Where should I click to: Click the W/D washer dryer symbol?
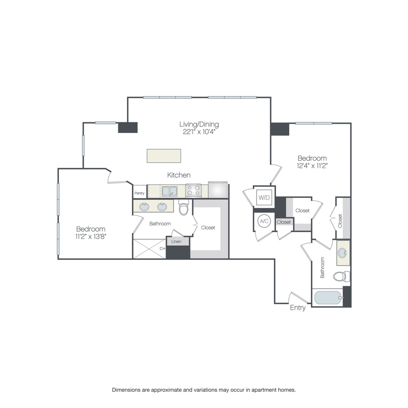263,198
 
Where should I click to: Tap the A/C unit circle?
263,221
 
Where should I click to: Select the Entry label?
298,308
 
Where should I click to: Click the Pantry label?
139,193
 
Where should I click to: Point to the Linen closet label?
176,242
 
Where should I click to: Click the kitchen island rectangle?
164,155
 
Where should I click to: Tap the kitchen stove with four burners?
193,190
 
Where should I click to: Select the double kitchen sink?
170,191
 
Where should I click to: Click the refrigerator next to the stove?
218,190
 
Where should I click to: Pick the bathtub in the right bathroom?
328,298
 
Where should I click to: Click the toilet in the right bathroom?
341,276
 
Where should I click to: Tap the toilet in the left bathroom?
184,209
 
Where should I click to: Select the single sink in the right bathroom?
343,253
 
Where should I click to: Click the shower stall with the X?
149,249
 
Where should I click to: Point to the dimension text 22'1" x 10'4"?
199,132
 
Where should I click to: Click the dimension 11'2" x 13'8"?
91,236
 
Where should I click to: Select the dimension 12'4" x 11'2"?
312,165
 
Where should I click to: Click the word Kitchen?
179,175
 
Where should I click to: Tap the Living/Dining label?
199,124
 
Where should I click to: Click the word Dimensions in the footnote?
127,389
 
